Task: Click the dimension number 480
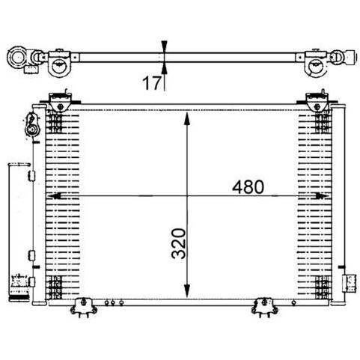(x=248, y=187)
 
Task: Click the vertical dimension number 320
(x=179, y=243)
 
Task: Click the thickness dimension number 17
(x=151, y=83)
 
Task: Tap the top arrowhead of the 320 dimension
(x=187, y=118)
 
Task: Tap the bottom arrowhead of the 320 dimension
(x=187, y=291)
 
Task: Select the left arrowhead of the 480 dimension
(x=54, y=196)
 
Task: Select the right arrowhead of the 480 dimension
(x=323, y=196)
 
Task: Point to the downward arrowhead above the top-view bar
(x=164, y=46)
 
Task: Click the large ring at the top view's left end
(x=17, y=58)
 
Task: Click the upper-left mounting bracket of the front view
(x=60, y=102)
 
